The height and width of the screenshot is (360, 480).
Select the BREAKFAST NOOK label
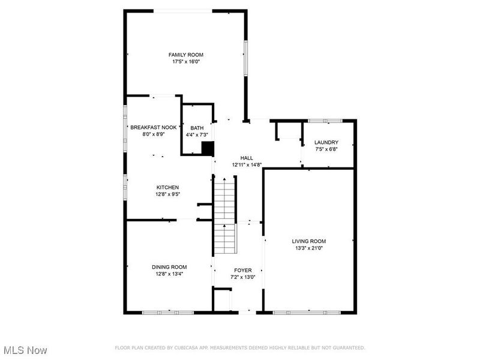[x=154, y=127]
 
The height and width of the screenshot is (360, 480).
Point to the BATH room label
[x=197, y=128]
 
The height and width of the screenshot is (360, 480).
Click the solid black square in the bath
[x=208, y=149]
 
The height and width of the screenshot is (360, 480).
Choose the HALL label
[x=247, y=158]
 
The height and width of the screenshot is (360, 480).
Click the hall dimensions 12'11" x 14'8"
[x=247, y=164]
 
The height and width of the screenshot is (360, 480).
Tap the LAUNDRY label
[x=326, y=142]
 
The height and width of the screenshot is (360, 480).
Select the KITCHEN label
[x=168, y=187]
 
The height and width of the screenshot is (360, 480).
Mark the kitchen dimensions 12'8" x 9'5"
[x=168, y=194]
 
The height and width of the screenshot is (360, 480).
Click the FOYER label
[x=243, y=270]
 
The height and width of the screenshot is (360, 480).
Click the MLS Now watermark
[x=25, y=349]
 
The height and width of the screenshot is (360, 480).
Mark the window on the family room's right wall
[x=245, y=58]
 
